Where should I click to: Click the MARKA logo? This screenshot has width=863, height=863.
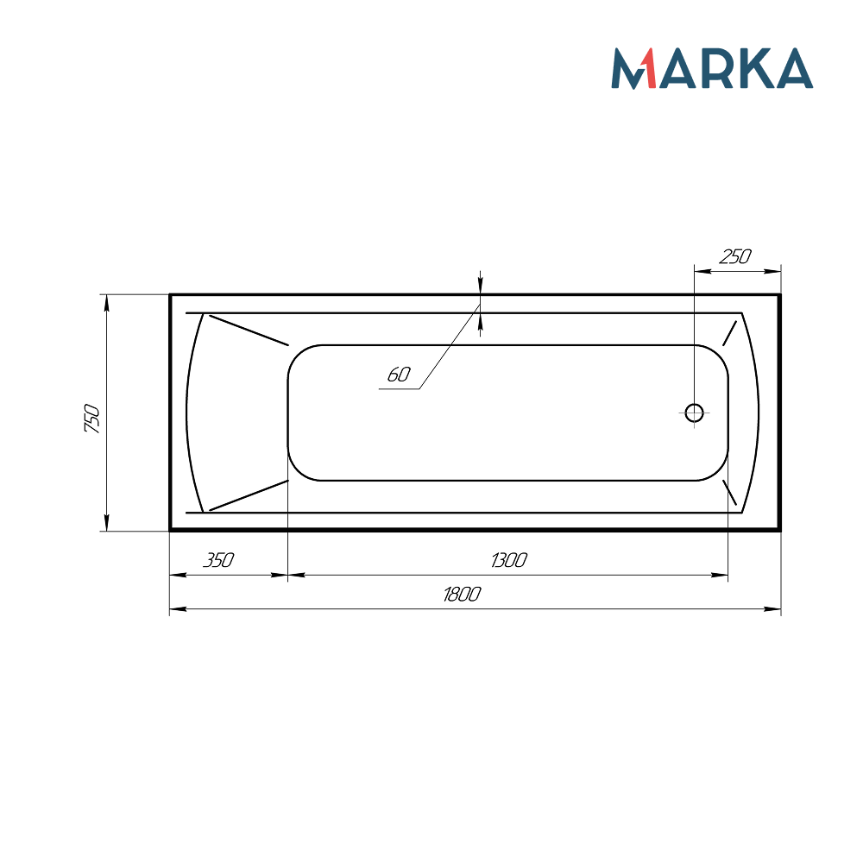pos(712,69)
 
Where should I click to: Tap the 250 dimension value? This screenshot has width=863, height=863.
pos(735,256)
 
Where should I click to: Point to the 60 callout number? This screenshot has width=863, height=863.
pos(398,375)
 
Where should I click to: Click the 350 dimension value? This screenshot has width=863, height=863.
pos(218,560)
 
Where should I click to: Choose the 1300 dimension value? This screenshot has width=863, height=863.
pos(508,560)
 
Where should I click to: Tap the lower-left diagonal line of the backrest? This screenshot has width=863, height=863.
pos(249,494)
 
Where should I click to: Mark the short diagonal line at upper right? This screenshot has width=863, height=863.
pos(730,332)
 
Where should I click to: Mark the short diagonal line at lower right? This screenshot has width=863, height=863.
pos(730,493)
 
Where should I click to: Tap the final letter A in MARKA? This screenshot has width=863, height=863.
pos(792,69)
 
